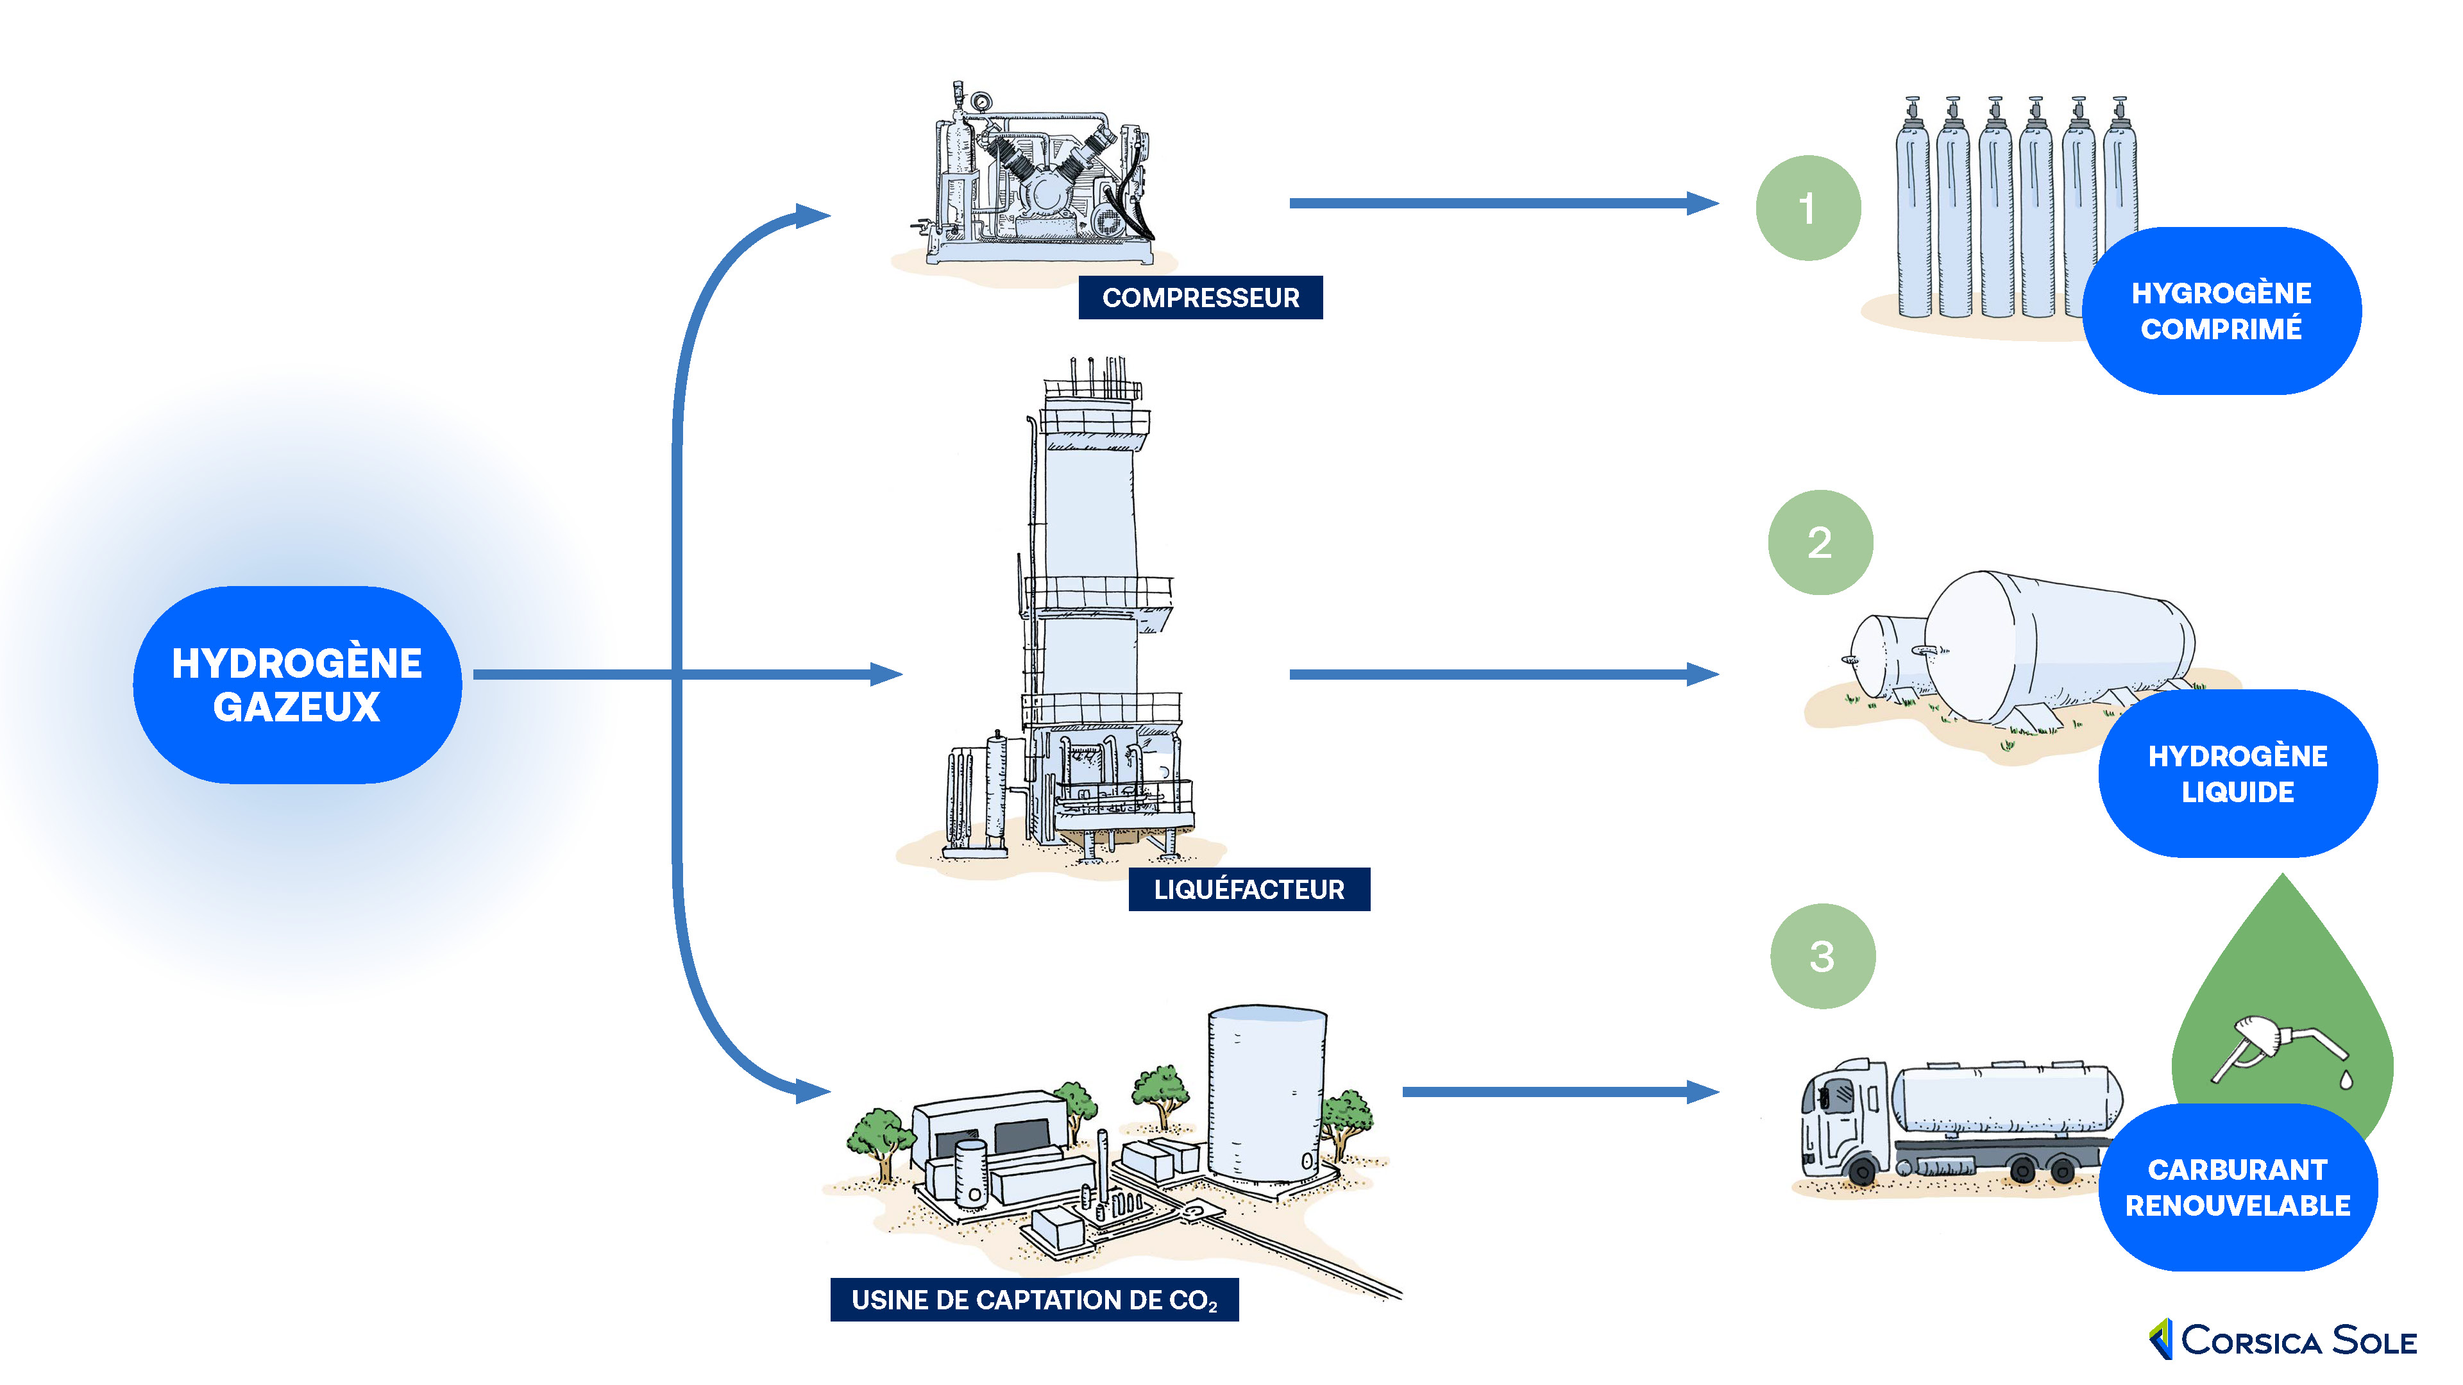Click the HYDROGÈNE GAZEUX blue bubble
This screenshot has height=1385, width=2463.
[x=298, y=684]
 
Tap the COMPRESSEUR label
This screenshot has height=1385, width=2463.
[x=1200, y=298]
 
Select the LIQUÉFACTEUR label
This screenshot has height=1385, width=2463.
[x=1249, y=889]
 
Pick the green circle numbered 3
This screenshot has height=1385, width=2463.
[x=1822, y=956]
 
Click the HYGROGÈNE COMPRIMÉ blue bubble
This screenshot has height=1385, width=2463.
[x=2221, y=310]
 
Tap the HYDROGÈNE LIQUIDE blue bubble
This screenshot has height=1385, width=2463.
[x=2237, y=773]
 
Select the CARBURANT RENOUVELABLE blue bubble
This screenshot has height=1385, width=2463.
[x=2237, y=1187]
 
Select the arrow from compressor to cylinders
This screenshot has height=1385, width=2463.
[x=1501, y=203]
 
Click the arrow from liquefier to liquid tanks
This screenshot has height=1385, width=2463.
[x=1501, y=674]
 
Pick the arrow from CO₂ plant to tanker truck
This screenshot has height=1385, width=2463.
[x=1559, y=1091]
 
